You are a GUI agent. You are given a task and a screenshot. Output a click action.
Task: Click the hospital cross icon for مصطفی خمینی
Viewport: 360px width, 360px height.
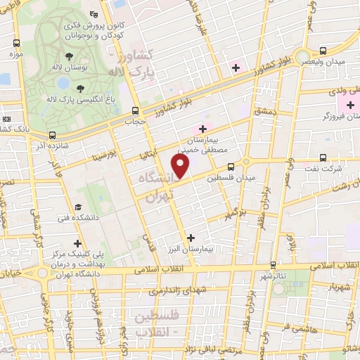pyautogui.click(x=203, y=129)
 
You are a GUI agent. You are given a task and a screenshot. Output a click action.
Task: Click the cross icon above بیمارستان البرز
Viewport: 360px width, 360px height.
pyautogui.click(x=191, y=237)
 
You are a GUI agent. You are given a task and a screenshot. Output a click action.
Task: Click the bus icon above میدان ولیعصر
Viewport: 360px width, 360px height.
pyautogui.click(x=323, y=50)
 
